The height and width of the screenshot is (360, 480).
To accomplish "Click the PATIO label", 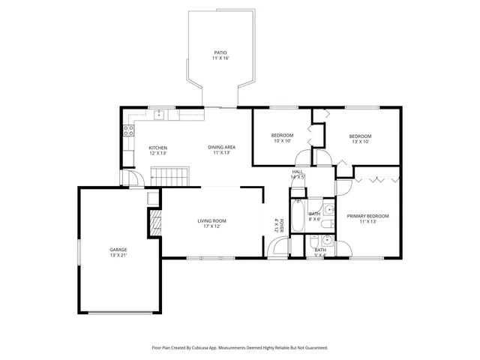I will click(x=220, y=52).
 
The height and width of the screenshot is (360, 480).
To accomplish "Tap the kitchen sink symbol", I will click(x=159, y=115).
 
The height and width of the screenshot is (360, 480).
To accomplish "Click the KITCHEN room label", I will click(x=157, y=148).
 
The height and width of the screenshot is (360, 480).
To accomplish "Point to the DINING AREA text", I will click(x=222, y=147).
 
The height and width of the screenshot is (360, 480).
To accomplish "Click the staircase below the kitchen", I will click(x=169, y=178).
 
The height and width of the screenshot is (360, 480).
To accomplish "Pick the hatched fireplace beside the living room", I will click(x=155, y=223).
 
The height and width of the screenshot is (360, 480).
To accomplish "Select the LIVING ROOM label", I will click(x=212, y=220).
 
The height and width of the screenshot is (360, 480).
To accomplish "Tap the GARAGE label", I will click(x=118, y=249).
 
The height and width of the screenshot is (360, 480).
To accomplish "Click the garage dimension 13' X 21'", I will click(x=118, y=255).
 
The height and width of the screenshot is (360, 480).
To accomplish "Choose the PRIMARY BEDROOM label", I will click(x=367, y=216).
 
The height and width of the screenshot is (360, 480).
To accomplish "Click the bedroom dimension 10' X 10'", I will click(x=282, y=140).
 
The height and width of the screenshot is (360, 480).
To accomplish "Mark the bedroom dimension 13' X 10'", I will click(x=361, y=141).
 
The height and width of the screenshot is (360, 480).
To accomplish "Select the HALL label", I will click(x=298, y=172).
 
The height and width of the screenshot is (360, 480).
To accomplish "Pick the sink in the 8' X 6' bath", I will click(x=328, y=209).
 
